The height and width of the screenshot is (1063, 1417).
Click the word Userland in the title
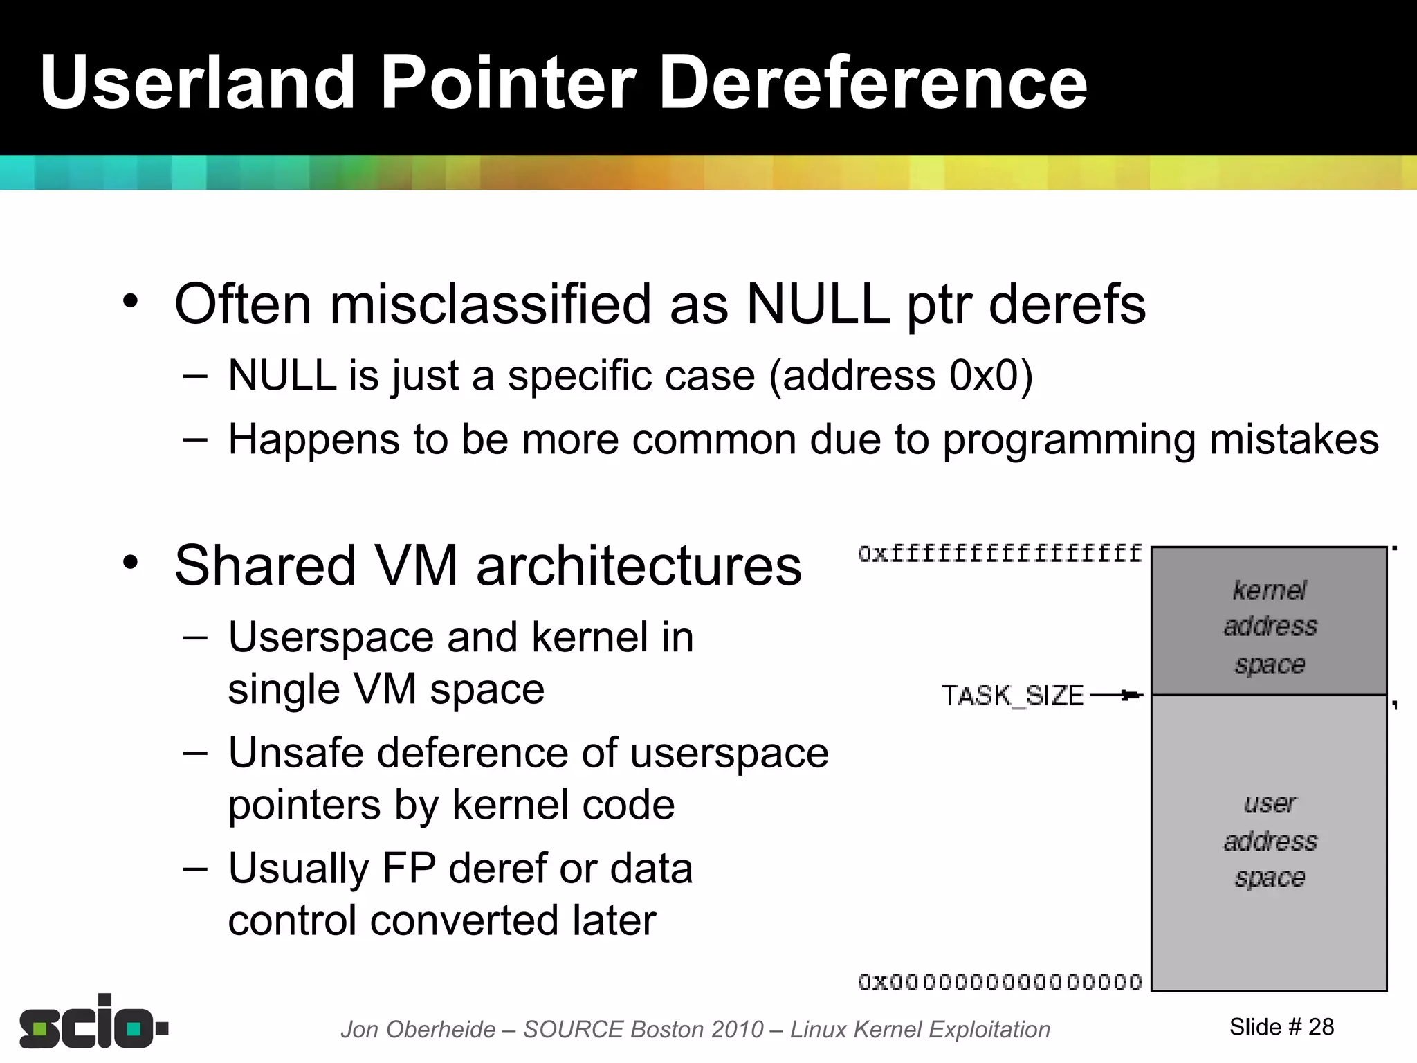tap(197, 83)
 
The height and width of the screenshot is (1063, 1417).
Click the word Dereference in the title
tap(872, 83)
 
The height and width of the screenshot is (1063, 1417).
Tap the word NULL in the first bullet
tap(817, 305)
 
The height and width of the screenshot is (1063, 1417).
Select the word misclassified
tap(491, 305)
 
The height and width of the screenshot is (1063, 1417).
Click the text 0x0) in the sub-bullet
tap(991, 376)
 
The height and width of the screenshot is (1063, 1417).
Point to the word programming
tap(1069, 441)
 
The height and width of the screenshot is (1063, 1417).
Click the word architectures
tap(639, 566)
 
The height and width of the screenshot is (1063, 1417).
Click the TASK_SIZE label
tap(1012, 696)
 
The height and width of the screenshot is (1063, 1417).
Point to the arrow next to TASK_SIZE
tap(1117, 695)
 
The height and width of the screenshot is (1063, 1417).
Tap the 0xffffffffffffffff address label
tap(1000, 554)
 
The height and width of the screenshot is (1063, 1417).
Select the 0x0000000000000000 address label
tap(1000, 982)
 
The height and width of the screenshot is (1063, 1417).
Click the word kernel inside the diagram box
tap(1269, 590)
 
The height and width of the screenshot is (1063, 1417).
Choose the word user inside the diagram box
tap(1269, 804)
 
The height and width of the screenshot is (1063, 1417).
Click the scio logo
tap(93, 1023)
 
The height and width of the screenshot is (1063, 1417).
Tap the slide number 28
tap(1321, 1027)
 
